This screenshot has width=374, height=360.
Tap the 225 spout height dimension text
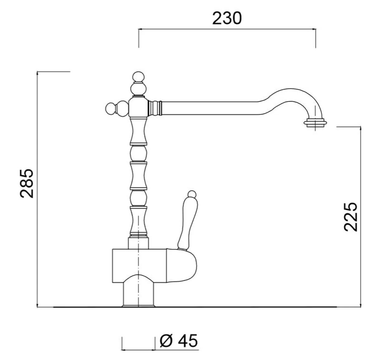pos(351,217)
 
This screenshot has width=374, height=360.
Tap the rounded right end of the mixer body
pos(187,265)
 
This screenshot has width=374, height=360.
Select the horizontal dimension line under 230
pos(227,29)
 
